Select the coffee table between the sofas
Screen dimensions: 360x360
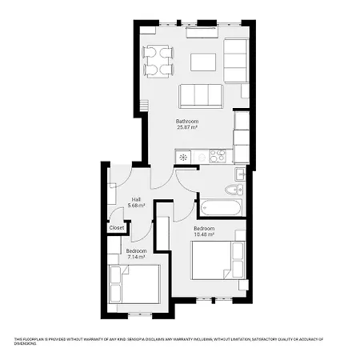click(x=202, y=62)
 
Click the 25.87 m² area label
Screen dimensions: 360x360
click(x=187, y=127)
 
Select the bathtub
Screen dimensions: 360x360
click(x=220, y=207)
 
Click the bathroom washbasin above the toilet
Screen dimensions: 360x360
click(x=239, y=174)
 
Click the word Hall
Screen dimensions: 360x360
click(x=136, y=199)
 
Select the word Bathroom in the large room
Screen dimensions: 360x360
click(x=187, y=121)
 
